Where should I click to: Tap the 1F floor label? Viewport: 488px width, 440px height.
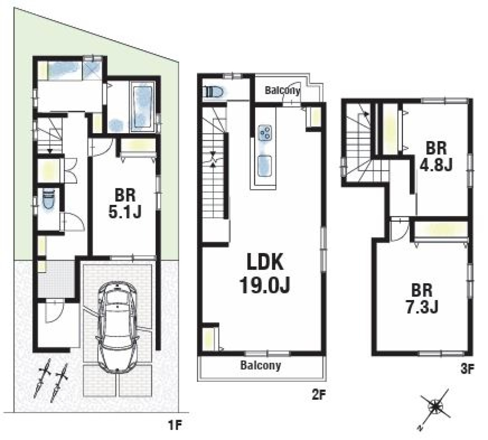[x=175, y=426]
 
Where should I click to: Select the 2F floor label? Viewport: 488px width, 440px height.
[x=318, y=395]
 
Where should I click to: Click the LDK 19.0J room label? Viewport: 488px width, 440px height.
[x=265, y=274]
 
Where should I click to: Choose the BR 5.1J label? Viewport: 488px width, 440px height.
[x=124, y=204]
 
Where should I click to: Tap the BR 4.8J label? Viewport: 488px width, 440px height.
[x=436, y=157]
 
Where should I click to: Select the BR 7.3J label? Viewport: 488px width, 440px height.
[x=422, y=299]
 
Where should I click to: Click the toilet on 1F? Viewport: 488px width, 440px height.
[x=49, y=200]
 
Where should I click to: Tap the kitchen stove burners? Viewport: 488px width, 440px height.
[x=265, y=133]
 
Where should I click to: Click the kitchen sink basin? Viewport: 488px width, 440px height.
[x=265, y=166]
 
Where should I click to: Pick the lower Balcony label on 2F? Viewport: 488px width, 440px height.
[x=261, y=366]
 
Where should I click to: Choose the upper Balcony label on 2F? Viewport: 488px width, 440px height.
[x=282, y=91]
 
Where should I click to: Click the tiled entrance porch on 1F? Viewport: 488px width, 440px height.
[x=56, y=279]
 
